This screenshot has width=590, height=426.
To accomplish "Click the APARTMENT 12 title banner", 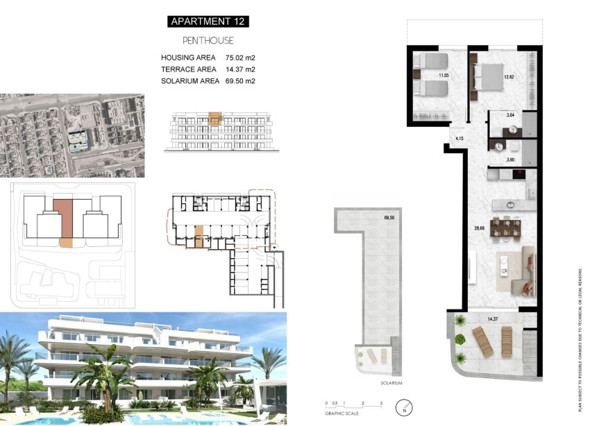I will [208, 22].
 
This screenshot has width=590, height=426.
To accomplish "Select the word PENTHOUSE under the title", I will [208, 41].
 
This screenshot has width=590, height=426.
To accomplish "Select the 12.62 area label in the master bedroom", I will [510, 76].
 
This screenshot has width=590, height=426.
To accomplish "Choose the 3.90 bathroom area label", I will [510, 160].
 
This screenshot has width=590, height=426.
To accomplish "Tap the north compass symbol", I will [402, 407].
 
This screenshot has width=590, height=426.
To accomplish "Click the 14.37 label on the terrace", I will [494, 318].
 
